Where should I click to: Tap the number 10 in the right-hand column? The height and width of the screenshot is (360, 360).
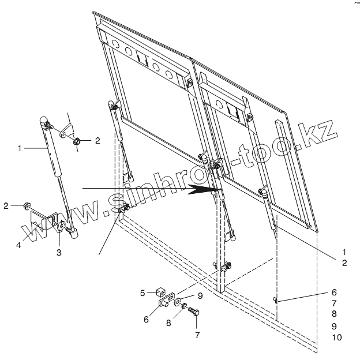337,337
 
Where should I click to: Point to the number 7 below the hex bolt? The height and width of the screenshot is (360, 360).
197,334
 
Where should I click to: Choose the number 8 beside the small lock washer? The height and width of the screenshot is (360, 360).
169,323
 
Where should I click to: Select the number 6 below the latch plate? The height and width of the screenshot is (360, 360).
147,319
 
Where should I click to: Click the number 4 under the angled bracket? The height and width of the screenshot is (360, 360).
18,245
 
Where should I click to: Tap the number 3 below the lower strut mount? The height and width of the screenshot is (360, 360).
59,252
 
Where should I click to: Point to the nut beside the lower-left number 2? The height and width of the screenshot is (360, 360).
27,205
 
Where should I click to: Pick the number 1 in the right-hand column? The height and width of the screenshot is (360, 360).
344,252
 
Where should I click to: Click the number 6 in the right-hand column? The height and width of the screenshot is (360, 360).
335,292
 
